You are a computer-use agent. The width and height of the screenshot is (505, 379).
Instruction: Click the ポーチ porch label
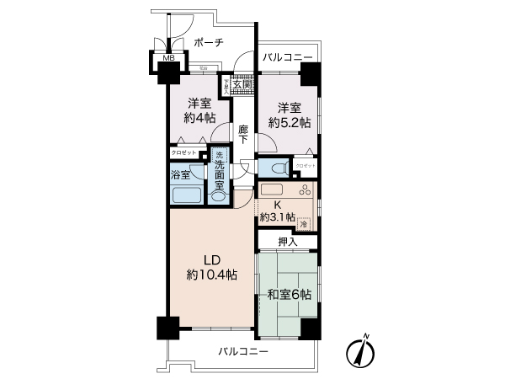[x=208, y=43]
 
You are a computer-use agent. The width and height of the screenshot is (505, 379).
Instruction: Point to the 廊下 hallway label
[x=242, y=135]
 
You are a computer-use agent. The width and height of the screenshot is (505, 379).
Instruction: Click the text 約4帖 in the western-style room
[x=198, y=117]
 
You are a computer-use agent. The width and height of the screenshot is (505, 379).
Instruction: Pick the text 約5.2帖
[x=290, y=122]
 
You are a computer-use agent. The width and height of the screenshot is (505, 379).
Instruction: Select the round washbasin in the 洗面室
[x=219, y=195]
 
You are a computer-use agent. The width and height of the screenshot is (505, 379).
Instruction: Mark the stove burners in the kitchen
[x=304, y=190]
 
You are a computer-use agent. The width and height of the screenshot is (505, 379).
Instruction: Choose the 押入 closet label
[x=288, y=242]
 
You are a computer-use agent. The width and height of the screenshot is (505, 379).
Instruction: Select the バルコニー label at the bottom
[x=242, y=350]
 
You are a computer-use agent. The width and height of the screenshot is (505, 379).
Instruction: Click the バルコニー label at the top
[x=286, y=57]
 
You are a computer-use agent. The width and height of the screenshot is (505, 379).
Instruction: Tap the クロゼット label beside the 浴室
[x=183, y=152]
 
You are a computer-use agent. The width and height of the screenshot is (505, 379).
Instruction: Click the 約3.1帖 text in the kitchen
[x=277, y=216]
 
